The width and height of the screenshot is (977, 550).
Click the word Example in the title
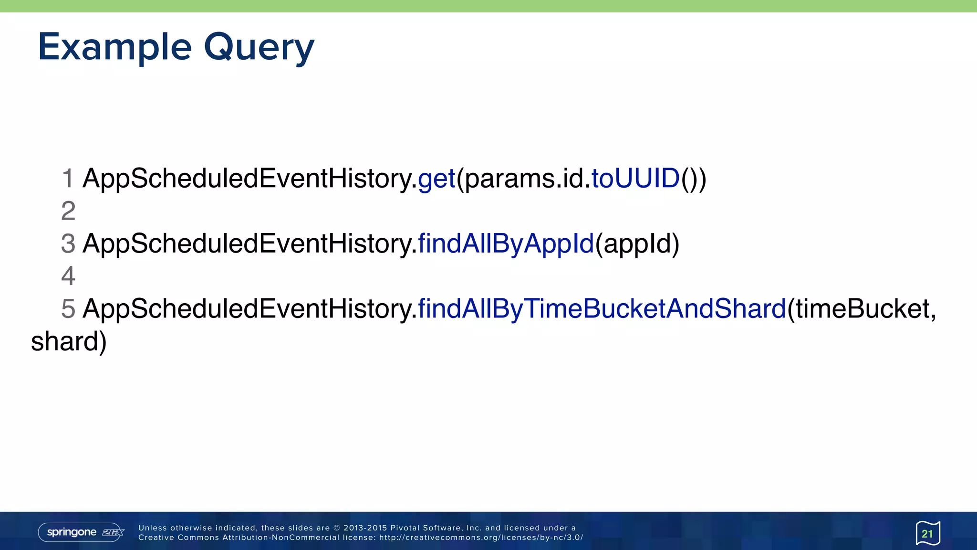tap(114, 47)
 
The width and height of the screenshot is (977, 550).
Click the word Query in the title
tap(259, 47)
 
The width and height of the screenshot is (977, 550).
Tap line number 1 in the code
tap(68, 179)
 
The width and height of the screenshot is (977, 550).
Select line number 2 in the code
tap(68, 211)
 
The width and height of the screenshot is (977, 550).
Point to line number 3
tap(68, 243)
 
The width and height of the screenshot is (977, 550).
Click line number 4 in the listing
tap(68, 276)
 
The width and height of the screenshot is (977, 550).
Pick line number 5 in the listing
tap(68, 308)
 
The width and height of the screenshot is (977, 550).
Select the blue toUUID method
tap(635, 179)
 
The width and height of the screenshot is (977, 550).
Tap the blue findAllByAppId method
tap(506, 243)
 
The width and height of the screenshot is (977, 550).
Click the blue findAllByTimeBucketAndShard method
tap(602, 308)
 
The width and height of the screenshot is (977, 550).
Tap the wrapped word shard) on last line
tap(69, 341)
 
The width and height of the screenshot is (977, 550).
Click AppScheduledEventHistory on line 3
tap(248, 243)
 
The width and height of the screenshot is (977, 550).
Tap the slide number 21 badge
tap(927, 533)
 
